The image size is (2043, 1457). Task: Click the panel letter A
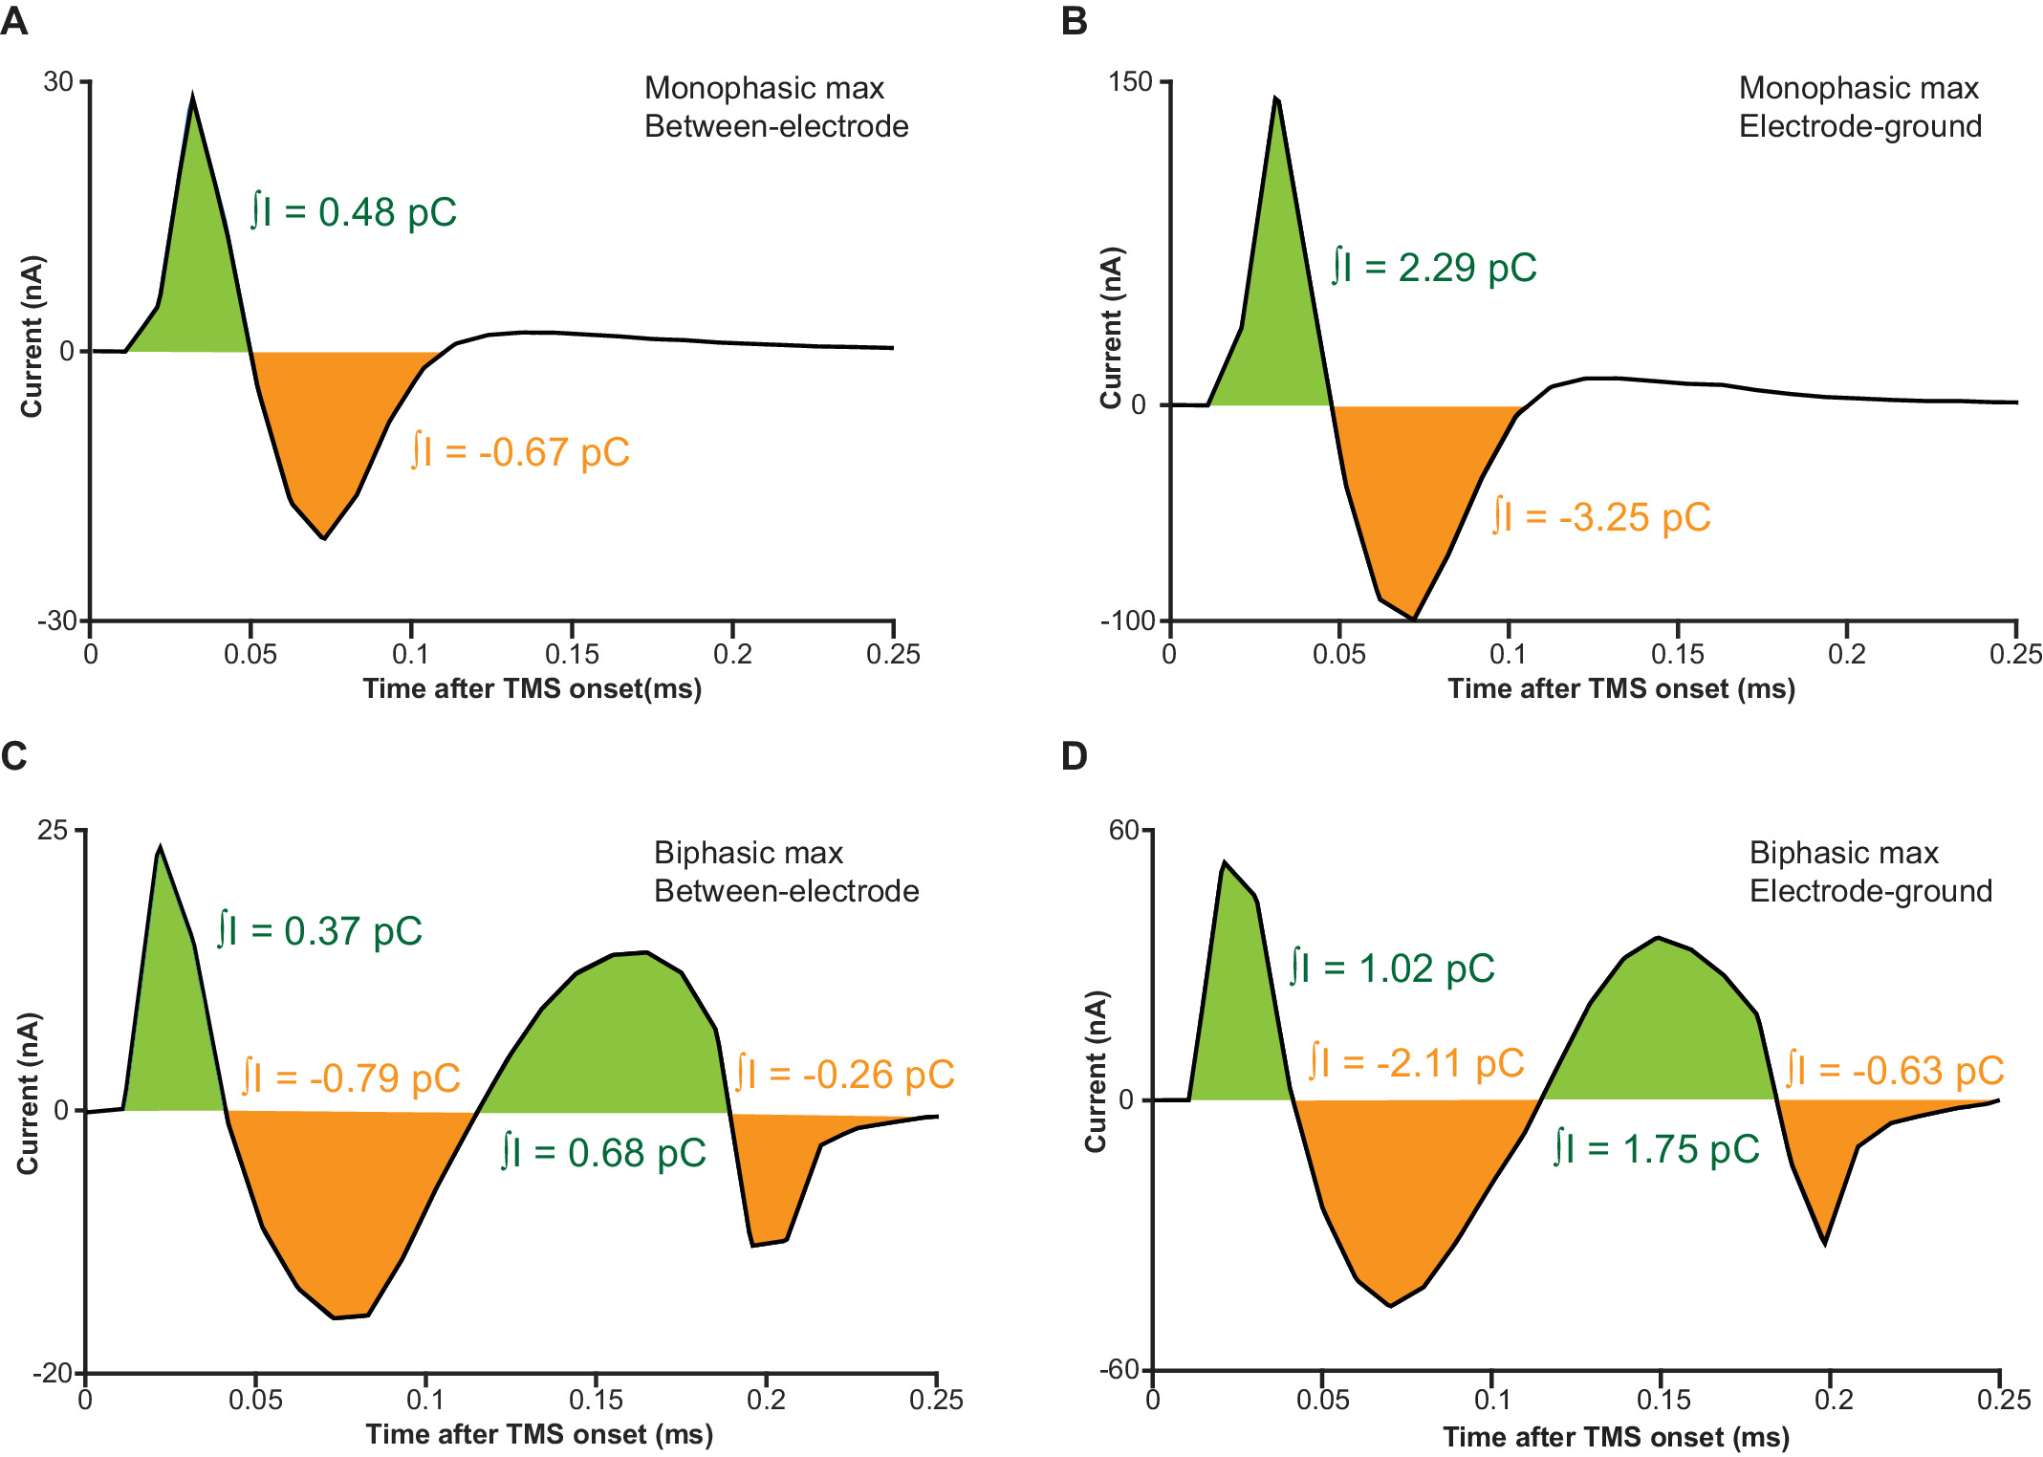pos(14,20)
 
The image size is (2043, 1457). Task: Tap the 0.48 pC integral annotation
pos(354,211)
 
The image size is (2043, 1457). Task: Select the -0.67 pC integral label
pos(520,451)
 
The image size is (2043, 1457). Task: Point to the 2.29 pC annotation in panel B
pos(1434,267)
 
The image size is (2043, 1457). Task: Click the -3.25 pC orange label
pos(1601,517)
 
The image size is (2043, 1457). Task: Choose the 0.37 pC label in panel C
pos(319,930)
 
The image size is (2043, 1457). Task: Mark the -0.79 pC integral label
pos(351,1077)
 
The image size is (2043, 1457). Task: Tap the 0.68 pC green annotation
pos(604,1152)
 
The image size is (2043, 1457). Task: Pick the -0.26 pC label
pos(845,1074)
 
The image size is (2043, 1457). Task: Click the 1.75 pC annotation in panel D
pos(1657,1148)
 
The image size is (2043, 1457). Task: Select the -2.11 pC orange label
pos(1416,1062)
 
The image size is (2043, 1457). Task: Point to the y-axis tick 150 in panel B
pos(1131,82)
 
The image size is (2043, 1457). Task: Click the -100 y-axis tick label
pos(1128,621)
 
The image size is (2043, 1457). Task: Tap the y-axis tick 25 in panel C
pos(54,830)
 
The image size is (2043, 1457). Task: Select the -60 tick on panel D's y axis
pos(1119,1370)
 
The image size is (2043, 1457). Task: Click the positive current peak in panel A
pos(193,98)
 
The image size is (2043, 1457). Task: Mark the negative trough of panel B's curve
pos(1413,619)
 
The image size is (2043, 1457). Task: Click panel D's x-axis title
pos(1616,1437)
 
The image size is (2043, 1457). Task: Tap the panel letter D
pos(1075,756)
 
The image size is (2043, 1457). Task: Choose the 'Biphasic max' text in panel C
pos(749,852)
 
